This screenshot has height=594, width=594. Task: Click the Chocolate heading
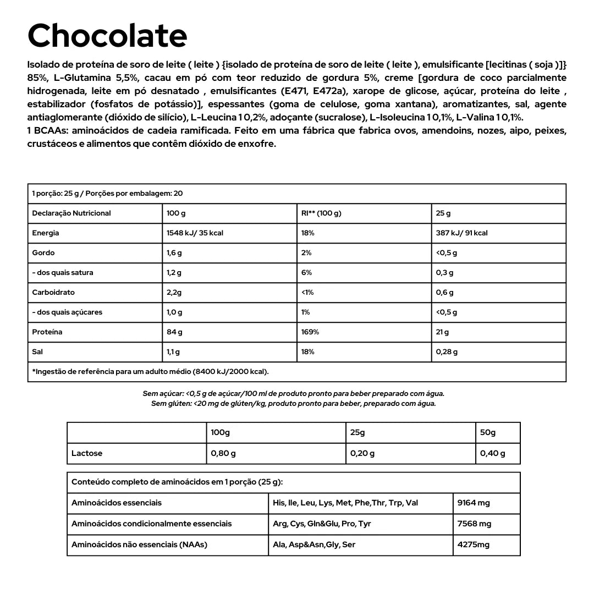click(x=107, y=36)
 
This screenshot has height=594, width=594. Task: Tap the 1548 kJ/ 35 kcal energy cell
click(x=195, y=233)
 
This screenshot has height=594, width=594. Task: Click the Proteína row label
click(x=47, y=332)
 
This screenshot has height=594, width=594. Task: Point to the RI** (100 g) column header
click(x=321, y=213)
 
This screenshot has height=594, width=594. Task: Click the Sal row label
click(x=37, y=352)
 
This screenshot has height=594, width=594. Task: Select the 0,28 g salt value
click(x=447, y=352)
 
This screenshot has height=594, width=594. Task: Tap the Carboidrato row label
click(x=53, y=293)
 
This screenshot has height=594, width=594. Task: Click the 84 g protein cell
click(x=174, y=332)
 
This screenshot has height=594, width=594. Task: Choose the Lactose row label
click(x=87, y=454)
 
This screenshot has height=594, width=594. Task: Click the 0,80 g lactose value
click(x=223, y=454)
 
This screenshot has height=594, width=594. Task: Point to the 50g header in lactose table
click(x=488, y=433)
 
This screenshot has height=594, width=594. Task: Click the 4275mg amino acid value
click(x=473, y=545)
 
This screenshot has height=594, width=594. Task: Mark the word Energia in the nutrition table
click(x=46, y=233)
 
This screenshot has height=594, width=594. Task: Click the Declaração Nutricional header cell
click(x=71, y=213)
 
